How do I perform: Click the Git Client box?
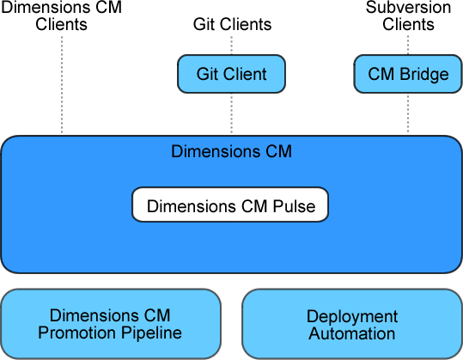(x=232, y=74)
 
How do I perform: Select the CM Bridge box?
(x=408, y=74)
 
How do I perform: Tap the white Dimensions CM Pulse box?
(x=230, y=204)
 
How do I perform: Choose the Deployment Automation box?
(x=352, y=324)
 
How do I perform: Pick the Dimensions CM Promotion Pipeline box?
(x=111, y=324)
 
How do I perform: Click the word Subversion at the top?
(x=408, y=7)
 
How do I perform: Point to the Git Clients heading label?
(x=233, y=24)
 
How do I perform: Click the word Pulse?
(x=294, y=206)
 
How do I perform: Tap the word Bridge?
(x=424, y=74)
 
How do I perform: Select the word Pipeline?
(x=151, y=333)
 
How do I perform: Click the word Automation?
(x=352, y=333)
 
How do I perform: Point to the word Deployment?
(x=352, y=317)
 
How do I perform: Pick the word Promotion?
(x=78, y=333)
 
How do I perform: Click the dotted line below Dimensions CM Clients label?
(x=62, y=85)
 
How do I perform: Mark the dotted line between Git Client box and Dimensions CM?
(x=232, y=113)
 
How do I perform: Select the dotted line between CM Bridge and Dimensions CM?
(x=408, y=113)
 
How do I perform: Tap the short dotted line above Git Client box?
(x=232, y=46)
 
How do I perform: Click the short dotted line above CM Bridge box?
(x=408, y=46)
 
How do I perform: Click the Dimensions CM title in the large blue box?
(x=232, y=151)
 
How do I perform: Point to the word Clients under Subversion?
(x=408, y=24)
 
